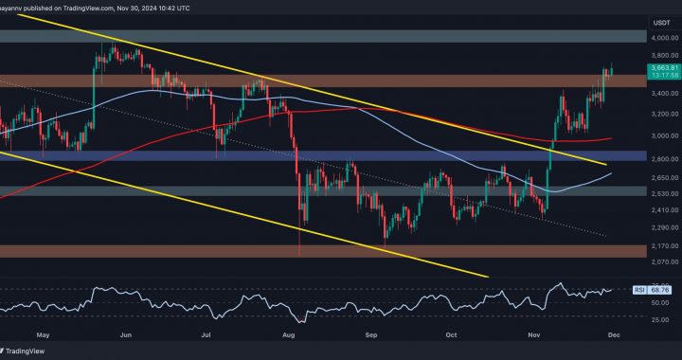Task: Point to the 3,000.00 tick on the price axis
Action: coord(655,136)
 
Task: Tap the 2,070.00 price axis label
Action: coord(655,261)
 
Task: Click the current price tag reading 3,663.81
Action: coord(656,69)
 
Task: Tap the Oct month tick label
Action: coord(452,333)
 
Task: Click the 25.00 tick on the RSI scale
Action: coord(655,318)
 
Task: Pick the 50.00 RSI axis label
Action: coord(655,301)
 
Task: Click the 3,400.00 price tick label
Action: coord(655,94)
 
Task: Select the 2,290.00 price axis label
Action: coord(655,227)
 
